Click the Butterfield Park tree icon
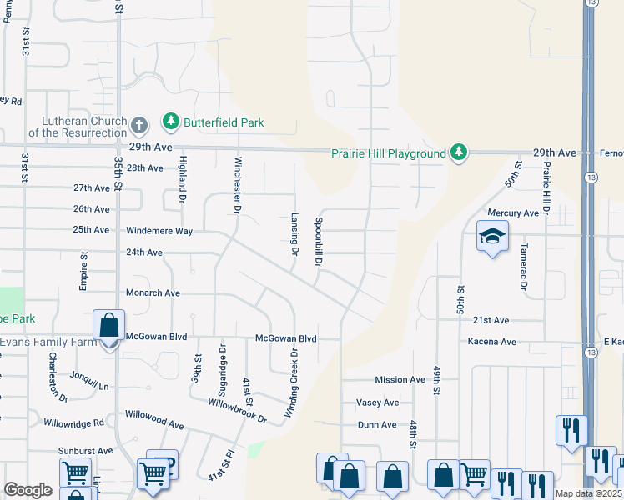click(x=171, y=122)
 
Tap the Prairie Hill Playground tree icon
click(x=458, y=152)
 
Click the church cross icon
click(x=139, y=127)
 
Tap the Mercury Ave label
click(x=513, y=213)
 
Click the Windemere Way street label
click(x=159, y=230)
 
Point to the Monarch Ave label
click(x=153, y=293)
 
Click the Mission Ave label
click(x=400, y=380)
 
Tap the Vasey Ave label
click(x=377, y=402)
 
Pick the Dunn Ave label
click(x=376, y=425)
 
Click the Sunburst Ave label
click(x=85, y=451)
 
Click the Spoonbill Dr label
click(x=318, y=242)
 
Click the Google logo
click(x=28, y=490)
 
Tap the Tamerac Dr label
click(x=524, y=268)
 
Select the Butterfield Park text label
click(x=224, y=122)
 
